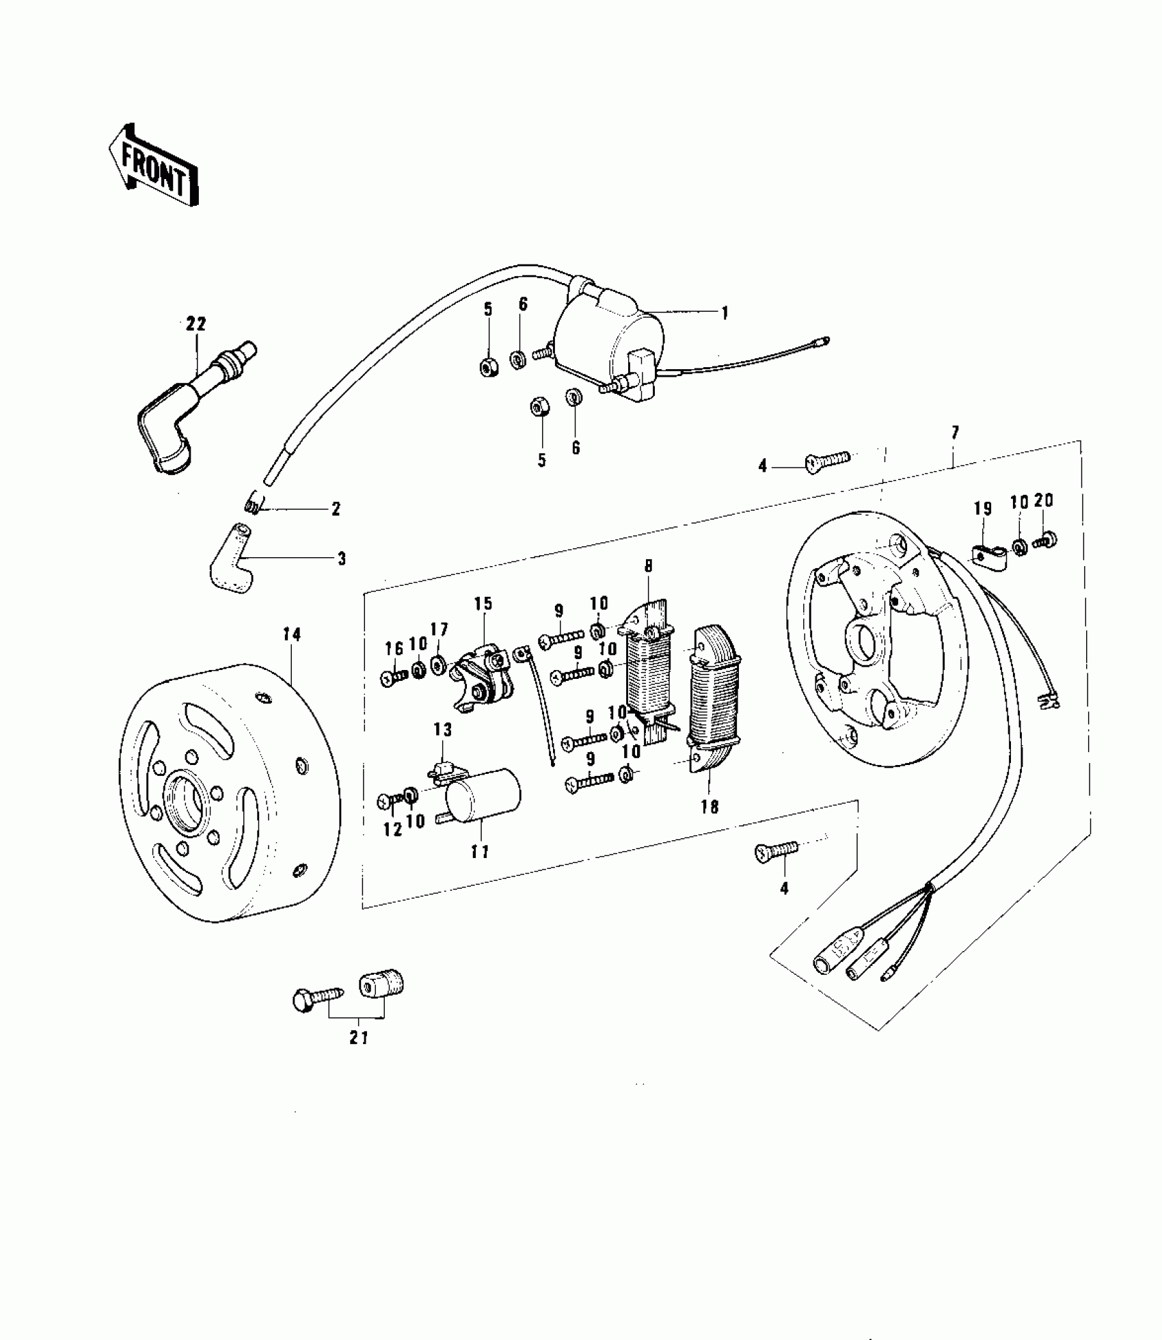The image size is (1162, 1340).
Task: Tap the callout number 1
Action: pyautogui.click(x=725, y=313)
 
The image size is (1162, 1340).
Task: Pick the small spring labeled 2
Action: pyautogui.click(x=252, y=505)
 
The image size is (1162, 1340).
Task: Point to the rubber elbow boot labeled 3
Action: pyautogui.click(x=229, y=563)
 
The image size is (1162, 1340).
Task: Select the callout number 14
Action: pyautogui.click(x=292, y=634)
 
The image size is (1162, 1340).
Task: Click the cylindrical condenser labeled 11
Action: pyautogui.click(x=482, y=796)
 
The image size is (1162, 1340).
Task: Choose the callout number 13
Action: pyautogui.click(x=443, y=729)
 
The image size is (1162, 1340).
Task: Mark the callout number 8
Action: pyautogui.click(x=648, y=566)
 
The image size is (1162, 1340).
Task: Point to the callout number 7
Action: pyautogui.click(x=955, y=432)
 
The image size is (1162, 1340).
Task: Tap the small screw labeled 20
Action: pyautogui.click(x=1045, y=541)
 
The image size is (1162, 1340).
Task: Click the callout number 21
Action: pyautogui.click(x=359, y=1057)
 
